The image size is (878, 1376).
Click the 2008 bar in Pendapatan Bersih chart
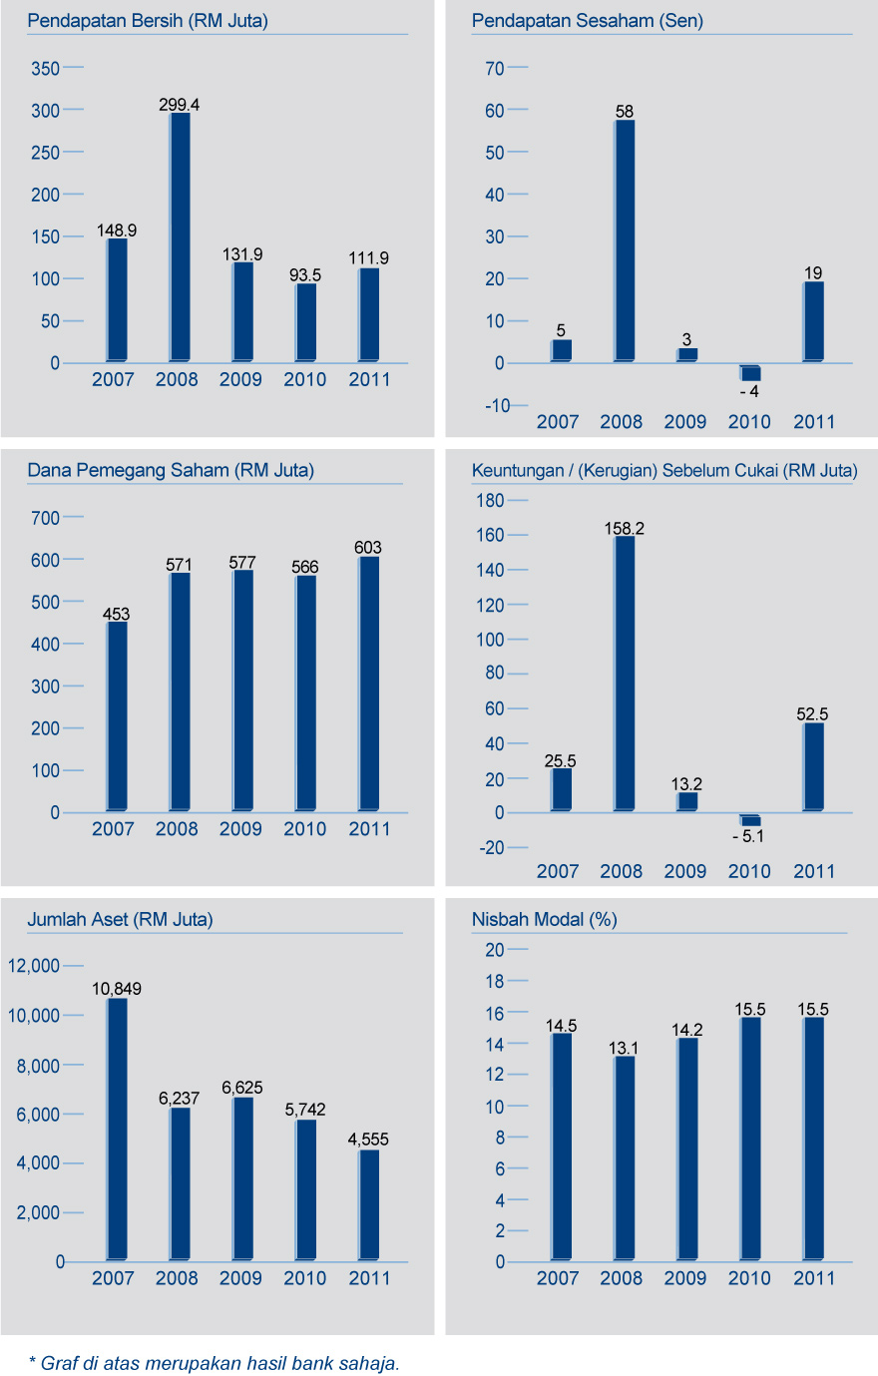tap(180, 236)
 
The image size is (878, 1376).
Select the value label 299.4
tap(180, 105)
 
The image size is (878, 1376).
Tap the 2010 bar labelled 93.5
tap(305, 322)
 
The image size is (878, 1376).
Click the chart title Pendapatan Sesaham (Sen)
tap(587, 21)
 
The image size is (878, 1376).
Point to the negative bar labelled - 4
tap(750, 372)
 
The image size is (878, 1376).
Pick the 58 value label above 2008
tap(625, 112)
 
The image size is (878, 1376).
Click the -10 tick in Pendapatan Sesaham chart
tap(498, 405)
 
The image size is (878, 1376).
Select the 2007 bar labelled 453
tap(117, 716)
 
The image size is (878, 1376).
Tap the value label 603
tap(368, 548)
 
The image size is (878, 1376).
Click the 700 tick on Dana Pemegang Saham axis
tap(46, 518)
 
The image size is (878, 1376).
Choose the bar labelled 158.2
tap(625, 674)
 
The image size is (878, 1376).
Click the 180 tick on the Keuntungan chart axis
tap(490, 501)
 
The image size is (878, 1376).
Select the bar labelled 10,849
tap(117, 1129)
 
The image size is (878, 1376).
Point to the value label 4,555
tap(368, 1140)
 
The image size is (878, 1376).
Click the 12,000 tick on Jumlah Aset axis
tap(34, 966)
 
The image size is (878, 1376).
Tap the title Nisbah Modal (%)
tap(544, 920)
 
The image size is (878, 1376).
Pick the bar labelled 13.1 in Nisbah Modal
tap(625, 1157)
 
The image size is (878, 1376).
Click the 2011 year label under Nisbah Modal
tap(813, 1278)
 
